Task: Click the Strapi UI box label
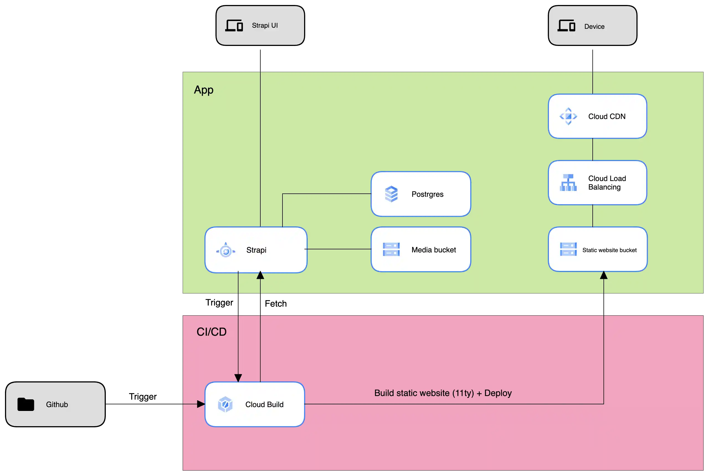tap(264, 25)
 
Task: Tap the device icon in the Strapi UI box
tap(234, 25)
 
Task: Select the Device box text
tap(594, 27)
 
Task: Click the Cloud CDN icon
tap(568, 116)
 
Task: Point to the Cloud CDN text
tap(607, 117)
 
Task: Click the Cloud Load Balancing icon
tap(568, 183)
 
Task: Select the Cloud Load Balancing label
tap(607, 183)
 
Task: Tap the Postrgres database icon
tap(391, 194)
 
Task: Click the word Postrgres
tap(427, 194)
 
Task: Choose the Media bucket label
tap(433, 250)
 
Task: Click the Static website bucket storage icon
tap(568, 249)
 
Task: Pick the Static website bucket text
tap(609, 250)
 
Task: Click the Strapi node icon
tap(226, 250)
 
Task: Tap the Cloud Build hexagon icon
tap(225, 404)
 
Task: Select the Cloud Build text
tap(264, 405)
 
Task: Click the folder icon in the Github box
tap(26, 404)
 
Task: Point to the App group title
tap(204, 90)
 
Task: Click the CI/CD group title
tap(211, 332)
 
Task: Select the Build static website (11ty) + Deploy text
tap(443, 393)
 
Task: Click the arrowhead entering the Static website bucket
tap(603, 275)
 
